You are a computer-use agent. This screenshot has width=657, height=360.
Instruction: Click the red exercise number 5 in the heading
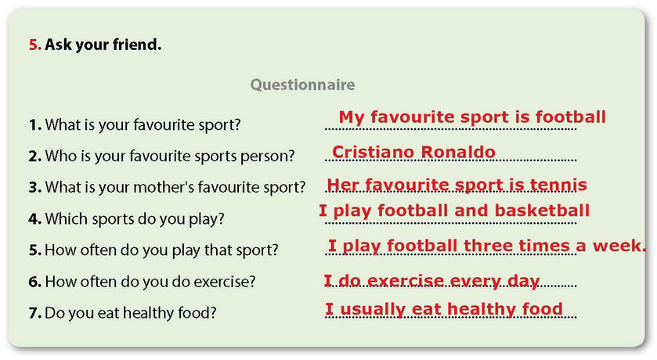click(34, 45)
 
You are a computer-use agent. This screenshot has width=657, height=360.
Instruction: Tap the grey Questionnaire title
click(302, 85)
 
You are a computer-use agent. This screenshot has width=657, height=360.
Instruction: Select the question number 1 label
click(35, 124)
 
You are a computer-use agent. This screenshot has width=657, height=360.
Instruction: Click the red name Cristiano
click(373, 152)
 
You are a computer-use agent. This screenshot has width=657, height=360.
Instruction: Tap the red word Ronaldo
click(458, 152)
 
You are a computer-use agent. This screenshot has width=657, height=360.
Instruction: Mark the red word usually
click(373, 309)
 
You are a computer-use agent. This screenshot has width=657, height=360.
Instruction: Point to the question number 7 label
click(35, 313)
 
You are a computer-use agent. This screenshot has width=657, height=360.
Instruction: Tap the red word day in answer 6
click(523, 282)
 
